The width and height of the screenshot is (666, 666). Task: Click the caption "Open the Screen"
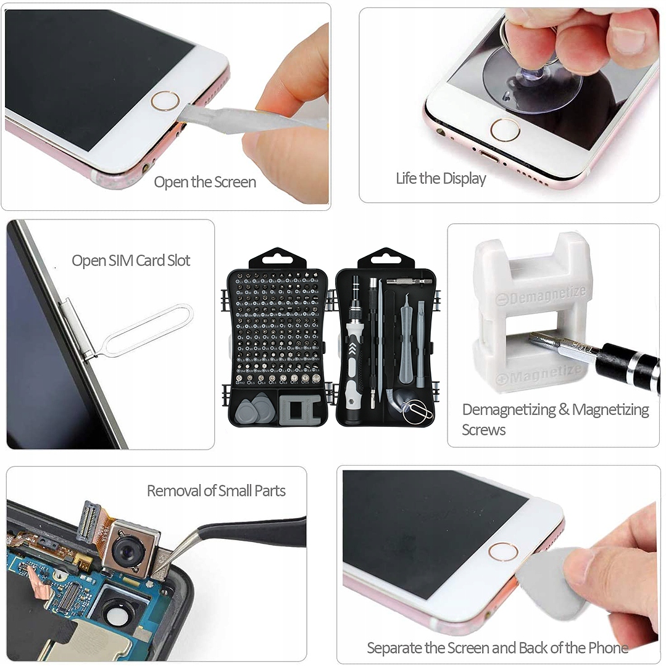(x=204, y=182)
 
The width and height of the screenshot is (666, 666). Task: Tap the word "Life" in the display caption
(x=406, y=179)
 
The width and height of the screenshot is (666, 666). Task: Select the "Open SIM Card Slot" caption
(x=131, y=260)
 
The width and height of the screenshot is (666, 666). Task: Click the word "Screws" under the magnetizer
(x=483, y=430)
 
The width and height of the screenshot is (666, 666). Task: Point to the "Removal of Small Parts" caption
(x=216, y=491)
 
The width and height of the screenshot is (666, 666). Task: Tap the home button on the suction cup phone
(x=504, y=130)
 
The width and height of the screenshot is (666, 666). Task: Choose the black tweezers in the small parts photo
(x=247, y=531)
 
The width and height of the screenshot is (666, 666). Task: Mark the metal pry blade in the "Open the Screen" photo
(x=247, y=118)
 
